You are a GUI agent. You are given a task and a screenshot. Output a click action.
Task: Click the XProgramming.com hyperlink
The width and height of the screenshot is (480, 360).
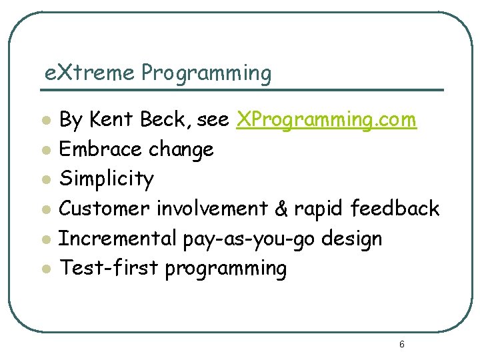coord(327,120)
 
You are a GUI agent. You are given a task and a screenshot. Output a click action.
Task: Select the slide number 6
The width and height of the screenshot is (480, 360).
coord(401,345)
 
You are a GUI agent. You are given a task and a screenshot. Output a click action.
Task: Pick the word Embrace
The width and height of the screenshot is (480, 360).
coord(101,149)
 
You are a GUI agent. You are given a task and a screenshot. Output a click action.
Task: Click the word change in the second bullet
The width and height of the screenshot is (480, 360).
coord(181,150)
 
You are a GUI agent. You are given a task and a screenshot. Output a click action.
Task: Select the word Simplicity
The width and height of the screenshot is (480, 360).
coord(107,179)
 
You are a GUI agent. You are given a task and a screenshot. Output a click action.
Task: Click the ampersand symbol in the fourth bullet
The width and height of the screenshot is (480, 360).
coord(281,209)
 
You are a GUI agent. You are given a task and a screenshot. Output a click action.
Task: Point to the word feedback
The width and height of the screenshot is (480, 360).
coord(395,209)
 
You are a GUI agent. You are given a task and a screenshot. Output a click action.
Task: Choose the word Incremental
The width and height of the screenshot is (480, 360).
coord(113,238)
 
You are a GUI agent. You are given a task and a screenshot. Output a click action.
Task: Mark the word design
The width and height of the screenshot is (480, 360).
coord(353,239)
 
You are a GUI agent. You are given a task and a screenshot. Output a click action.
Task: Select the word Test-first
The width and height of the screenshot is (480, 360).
coord(109,268)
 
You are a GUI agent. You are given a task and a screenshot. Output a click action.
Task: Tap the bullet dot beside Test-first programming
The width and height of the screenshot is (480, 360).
coord(45,269)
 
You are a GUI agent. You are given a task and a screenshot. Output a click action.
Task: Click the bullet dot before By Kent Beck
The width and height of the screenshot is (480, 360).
coord(45,121)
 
